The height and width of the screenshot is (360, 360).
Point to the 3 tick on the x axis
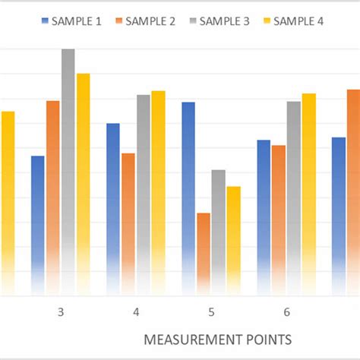[x=60, y=312]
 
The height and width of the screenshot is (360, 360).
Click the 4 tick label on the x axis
[x=135, y=312]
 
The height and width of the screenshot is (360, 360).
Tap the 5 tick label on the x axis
[x=211, y=312]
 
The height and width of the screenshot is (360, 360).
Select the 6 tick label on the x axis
[x=286, y=312]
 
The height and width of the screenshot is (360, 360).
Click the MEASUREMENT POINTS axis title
[x=217, y=338]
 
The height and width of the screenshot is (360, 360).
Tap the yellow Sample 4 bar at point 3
[x=83, y=182]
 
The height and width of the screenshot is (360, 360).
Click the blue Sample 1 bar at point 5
[x=188, y=197]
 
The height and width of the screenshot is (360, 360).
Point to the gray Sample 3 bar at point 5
[x=219, y=231]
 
